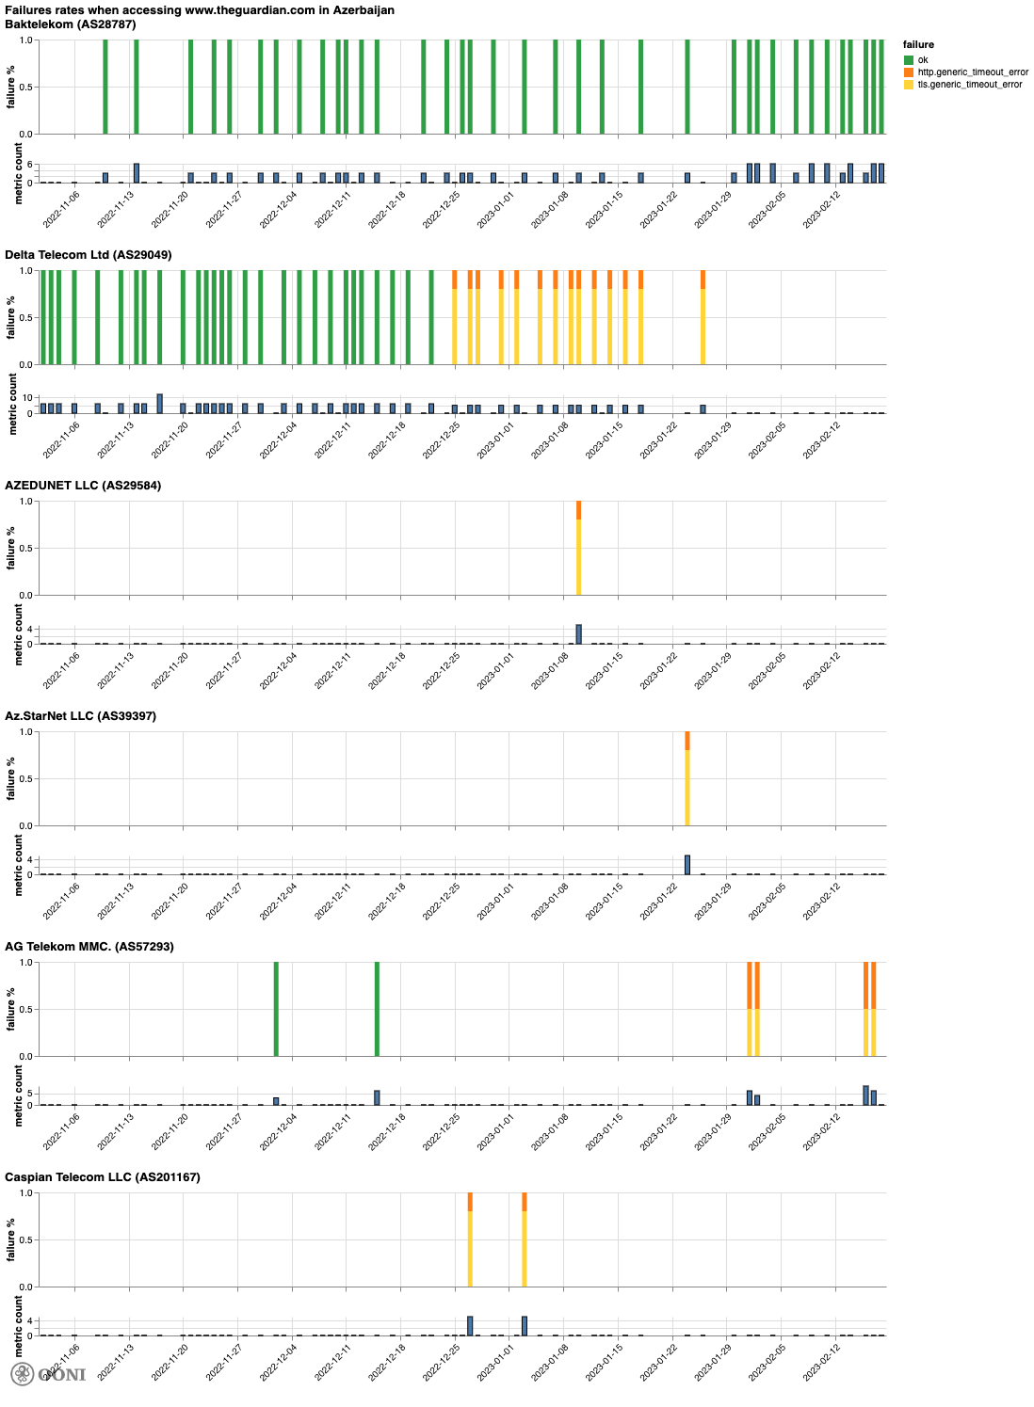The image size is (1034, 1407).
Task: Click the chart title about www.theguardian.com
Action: point(199,10)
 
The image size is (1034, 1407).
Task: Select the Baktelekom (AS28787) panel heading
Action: point(71,24)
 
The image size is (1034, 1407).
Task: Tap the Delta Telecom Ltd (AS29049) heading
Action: point(89,255)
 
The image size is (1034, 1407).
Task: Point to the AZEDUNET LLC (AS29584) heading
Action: point(83,486)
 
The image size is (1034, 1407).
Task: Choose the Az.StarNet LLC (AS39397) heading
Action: point(80,716)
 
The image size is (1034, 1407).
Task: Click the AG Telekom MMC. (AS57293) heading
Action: point(89,947)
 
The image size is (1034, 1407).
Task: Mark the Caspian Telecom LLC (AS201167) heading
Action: point(103,1177)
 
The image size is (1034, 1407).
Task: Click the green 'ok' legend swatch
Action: point(909,60)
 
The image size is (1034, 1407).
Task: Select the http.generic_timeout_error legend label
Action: point(973,72)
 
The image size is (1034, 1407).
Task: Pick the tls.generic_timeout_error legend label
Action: point(970,85)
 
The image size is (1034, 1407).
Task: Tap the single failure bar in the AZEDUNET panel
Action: point(578,548)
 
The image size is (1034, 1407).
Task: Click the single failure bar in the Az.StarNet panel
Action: point(687,778)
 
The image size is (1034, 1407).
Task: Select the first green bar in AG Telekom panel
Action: point(276,1009)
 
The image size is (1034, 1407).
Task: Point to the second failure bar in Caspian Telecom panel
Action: point(525,1239)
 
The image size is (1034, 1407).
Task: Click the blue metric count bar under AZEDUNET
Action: point(578,634)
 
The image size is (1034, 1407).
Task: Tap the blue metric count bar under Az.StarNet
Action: point(687,865)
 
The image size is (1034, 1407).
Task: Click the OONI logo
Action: point(48,1374)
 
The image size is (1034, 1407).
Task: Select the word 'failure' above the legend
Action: point(918,45)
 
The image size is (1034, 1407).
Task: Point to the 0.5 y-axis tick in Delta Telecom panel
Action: point(27,318)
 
